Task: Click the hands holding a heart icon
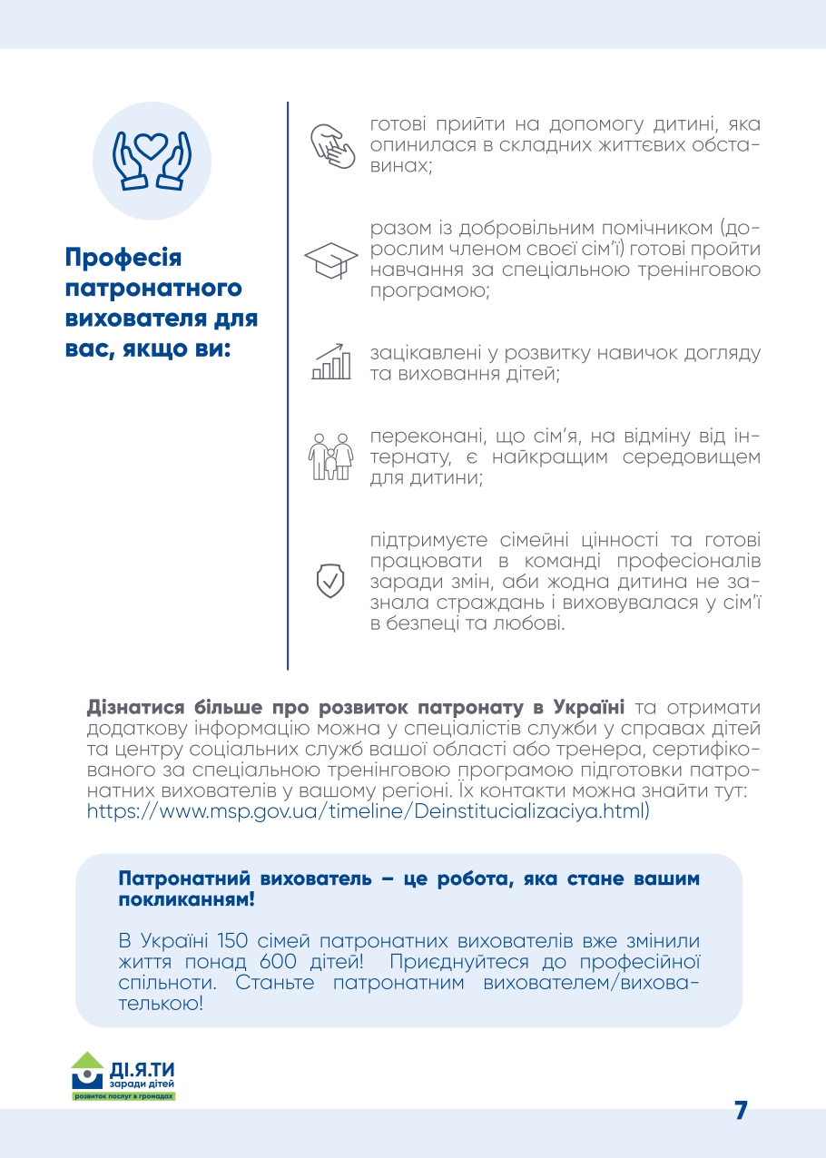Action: (152, 162)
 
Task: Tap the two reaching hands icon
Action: (332, 144)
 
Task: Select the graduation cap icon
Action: (330, 260)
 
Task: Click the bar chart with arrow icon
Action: (331, 361)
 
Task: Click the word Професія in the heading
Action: (123, 258)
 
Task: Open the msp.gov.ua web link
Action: (369, 811)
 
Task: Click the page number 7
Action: (741, 1111)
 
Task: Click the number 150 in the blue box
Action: (235, 940)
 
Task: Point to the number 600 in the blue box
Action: (275, 962)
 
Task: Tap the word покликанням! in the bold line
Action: (187, 901)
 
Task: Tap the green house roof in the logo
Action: (88, 1058)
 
